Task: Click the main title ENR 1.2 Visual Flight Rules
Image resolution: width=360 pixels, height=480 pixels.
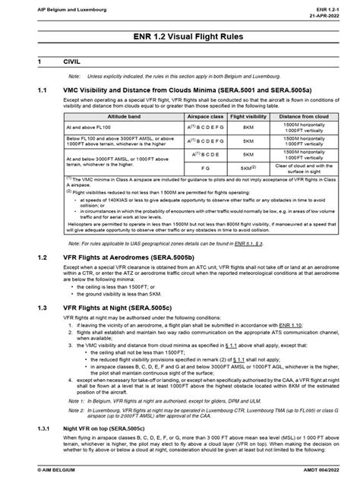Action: (179, 37)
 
